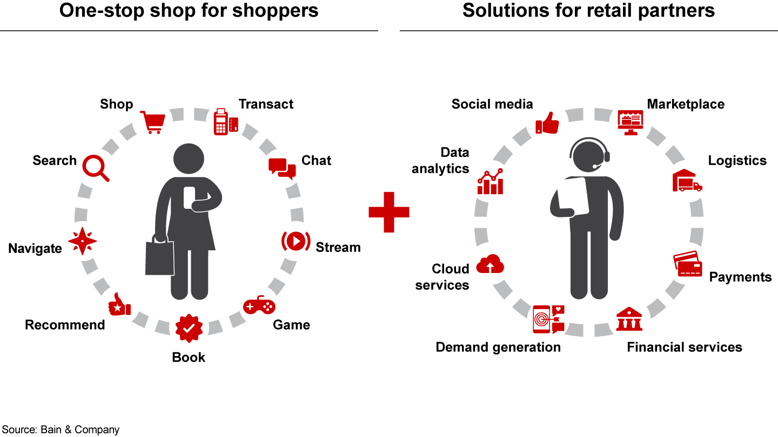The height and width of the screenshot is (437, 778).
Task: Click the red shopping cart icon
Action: tap(152, 122)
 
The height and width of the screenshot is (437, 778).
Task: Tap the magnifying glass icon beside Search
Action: tap(96, 168)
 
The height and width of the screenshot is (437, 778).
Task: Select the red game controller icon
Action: tap(259, 306)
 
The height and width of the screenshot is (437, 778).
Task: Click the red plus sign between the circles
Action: tap(389, 212)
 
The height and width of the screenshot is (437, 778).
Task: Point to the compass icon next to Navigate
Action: tap(83, 241)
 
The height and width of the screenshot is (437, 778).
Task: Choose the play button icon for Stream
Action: tap(296, 241)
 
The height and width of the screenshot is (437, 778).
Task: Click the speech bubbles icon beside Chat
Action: tap(282, 168)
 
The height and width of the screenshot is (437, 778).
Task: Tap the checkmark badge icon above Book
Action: tap(189, 327)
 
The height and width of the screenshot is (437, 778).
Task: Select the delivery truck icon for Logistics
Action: tap(687, 181)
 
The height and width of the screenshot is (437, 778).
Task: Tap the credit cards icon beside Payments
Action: tap(688, 264)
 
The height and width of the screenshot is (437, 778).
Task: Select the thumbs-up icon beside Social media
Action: tap(547, 124)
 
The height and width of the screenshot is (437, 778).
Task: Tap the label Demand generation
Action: tap(498, 347)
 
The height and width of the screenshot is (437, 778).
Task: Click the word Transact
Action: tap(266, 104)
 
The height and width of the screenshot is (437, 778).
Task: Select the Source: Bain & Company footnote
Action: tap(60, 429)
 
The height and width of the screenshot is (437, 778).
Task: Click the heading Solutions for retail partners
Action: tap(588, 11)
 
